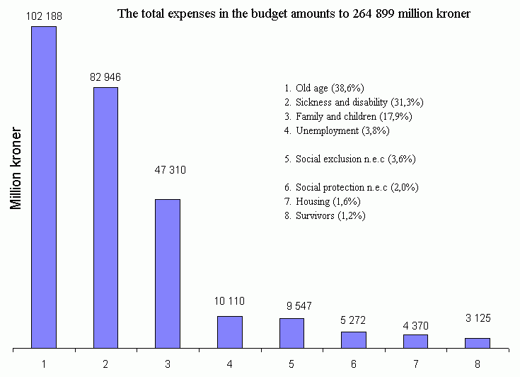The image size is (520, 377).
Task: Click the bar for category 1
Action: [44, 188]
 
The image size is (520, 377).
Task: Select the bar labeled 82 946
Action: [105, 218]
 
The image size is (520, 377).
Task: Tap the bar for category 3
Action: [168, 274]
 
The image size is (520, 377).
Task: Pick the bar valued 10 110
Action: [230, 332]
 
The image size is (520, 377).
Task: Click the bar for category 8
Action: [478, 343]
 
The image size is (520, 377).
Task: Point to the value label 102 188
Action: [43, 16]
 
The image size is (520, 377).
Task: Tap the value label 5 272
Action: [353, 320]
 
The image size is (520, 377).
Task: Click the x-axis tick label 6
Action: [353, 365]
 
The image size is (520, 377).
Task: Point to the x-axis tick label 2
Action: [105, 365]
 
